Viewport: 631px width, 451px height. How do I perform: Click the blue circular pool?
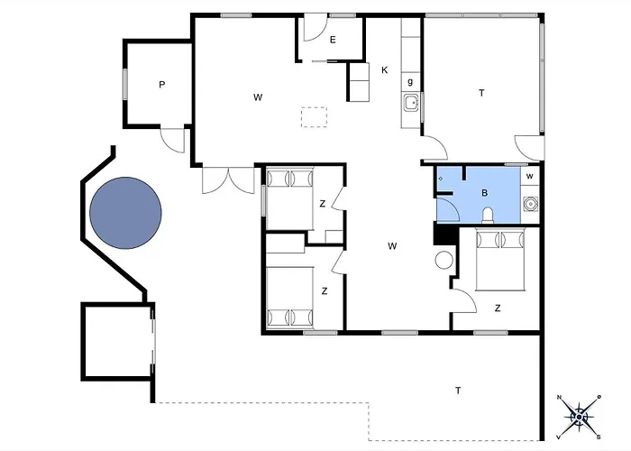125,213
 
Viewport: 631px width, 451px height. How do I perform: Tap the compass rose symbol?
579,417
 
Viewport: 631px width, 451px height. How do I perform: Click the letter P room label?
161,85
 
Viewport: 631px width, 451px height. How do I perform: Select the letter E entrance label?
333,40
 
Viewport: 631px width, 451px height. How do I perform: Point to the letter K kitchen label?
384,70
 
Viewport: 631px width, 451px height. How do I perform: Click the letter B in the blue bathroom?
485,193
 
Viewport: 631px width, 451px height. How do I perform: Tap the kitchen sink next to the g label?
411,103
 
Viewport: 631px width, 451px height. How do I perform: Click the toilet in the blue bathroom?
488,215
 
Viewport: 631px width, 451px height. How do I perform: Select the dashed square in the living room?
315,117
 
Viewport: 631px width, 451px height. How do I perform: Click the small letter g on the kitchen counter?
410,82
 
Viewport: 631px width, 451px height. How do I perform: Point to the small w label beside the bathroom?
530,176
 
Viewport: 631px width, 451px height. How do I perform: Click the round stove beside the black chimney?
444,260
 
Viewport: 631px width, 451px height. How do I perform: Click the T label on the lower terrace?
458,391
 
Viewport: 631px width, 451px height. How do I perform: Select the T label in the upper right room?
481,93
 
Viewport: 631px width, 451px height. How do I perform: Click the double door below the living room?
228,179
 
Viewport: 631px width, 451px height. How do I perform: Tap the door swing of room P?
173,141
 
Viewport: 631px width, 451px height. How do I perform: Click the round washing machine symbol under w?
531,205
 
